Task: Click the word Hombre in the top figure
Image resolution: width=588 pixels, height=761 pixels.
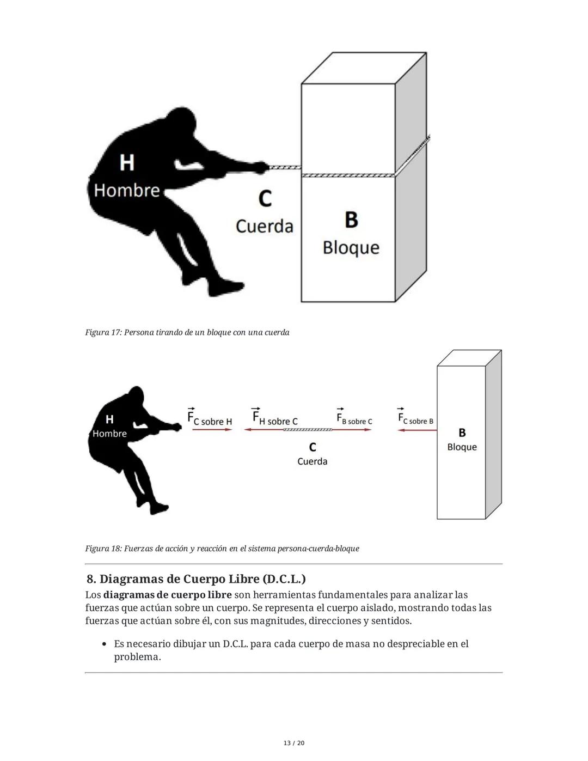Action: point(127,190)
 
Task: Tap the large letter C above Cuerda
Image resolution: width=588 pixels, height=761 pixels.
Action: point(265,198)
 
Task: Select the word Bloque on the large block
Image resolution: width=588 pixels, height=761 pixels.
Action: point(351,247)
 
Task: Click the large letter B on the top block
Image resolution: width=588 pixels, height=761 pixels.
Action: point(351,220)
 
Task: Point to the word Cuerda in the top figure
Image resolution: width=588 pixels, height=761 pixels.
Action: point(265,226)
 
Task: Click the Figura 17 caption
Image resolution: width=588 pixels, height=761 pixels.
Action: point(187,332)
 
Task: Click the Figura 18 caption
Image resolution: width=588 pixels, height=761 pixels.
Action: point(222,549)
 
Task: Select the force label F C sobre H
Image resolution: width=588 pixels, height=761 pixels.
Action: point(210,418)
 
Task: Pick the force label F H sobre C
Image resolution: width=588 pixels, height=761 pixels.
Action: point(274,418)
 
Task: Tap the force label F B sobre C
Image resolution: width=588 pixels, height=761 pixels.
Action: point(354,419)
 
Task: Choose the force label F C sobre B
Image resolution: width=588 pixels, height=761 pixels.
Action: point(415,419)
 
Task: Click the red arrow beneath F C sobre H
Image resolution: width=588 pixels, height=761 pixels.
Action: point(212,430)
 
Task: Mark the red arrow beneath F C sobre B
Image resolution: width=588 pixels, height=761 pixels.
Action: point(417,430)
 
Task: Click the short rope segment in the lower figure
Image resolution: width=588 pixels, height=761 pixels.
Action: point(308,430)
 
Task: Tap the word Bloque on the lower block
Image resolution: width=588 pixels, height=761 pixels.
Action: point(462,447)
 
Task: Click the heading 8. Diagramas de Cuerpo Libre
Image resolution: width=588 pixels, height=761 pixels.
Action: point(196,579)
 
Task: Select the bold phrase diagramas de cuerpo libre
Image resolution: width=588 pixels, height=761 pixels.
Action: point(168,595)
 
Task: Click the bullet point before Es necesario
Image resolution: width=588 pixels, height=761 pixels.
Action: point(104,644)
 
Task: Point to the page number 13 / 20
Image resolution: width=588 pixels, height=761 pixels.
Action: point(294,743)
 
